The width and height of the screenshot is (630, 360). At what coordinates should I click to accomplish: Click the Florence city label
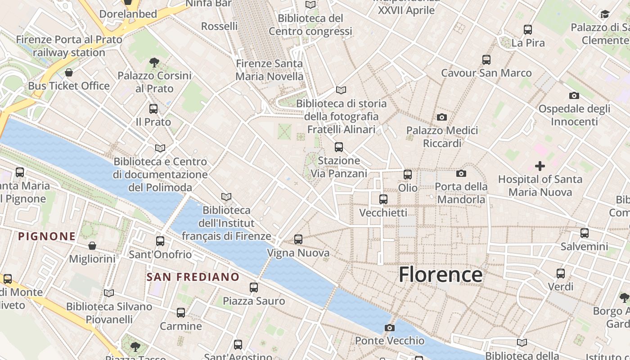click(x=441, y=274)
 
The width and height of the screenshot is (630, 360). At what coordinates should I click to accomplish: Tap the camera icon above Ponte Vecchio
click(x=390, y=328)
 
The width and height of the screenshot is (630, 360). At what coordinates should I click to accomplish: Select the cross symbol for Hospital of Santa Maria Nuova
click(x=540, y=166)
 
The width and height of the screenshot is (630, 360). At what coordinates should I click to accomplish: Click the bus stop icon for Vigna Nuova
click(x=298, y=239)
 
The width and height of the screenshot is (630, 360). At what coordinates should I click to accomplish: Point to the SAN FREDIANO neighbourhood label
click(x=193, y=277)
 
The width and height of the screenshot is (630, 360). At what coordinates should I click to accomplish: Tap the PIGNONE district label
click(x=47, y=236)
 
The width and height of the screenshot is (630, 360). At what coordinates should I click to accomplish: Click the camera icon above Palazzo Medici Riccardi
click(x=442, y=117)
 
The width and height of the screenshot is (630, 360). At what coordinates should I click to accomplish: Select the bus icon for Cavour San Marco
click(x=486, y=59)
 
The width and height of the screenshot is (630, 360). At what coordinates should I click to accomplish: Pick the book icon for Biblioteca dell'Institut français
click(x=226, y=197)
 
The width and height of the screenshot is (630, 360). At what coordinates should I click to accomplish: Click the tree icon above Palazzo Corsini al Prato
click(x=154, y=62)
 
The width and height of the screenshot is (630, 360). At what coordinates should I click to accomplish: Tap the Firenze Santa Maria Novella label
click(x=270, y=70)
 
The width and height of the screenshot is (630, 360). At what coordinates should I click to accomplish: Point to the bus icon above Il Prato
click(x=153, y=108)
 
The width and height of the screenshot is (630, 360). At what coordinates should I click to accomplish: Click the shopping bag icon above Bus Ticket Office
click(x=69, y=72)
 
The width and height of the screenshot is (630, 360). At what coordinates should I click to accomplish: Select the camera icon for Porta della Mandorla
click(x=461, y=173)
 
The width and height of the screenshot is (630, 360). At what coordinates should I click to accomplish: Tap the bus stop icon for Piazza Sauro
click(x=254, y=287)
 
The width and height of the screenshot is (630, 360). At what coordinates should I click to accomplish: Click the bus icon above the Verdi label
click(x=560, y=273)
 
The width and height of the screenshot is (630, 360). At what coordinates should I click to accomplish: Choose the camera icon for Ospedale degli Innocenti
click(x=574, y=95)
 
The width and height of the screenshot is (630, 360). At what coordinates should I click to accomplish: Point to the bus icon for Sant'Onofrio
click(x=160, y=241)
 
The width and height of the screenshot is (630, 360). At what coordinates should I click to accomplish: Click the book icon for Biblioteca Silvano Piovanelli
click(x=108, y=293)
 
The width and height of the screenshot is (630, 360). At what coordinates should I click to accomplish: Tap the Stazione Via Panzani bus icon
click(x=339, y=147)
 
